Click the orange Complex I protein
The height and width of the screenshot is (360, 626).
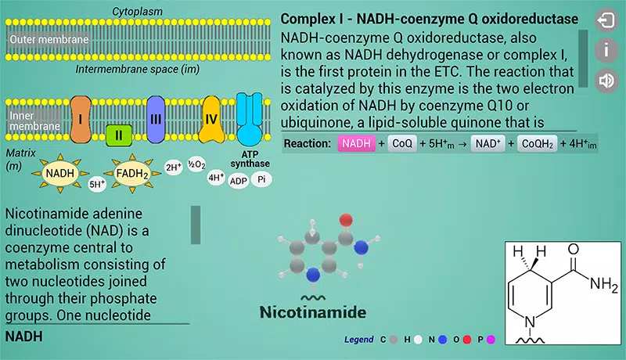pyautogui.click(x=81, y=119)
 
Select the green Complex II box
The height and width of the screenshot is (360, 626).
pyautogui.click(x=119, y=135)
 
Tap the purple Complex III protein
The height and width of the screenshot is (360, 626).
pyautogui.click(x=156, y=119)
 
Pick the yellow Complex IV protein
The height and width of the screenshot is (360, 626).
pyautogui.click(x=211, y=119)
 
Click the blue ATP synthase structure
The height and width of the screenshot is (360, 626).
pyautogui.click(x=250, y=120)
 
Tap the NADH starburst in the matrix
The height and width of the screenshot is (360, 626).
pyautogui.click(x=60, y=174)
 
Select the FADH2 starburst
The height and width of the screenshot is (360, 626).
pyautogui.click(x=132, y=174)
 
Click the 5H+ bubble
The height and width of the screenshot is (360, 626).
pyautogui.click(x=97, y=184)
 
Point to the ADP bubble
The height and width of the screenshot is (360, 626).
pyautogui.click(x=239, y=181)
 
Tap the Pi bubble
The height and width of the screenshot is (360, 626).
pyautogui.click(x=261, y=179)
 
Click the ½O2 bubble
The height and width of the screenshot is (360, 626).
pyautogui.click(x=196, y=164)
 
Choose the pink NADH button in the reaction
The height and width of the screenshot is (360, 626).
pyautogui.click(x=356, y=143)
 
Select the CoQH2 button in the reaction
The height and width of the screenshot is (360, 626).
pyautogui.click(x=538, y=144)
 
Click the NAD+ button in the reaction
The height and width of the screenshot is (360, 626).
pyautogui.click(x=487, y=143)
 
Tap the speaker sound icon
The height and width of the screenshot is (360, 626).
pyautogui.click(x=606, y=81)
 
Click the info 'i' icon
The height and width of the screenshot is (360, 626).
pyautogui.click(x=606, y=50)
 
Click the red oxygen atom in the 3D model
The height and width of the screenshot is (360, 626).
pyautogui.click(x=346, y=220)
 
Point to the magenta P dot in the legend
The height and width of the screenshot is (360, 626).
pyautogui.click(x=491, y=340)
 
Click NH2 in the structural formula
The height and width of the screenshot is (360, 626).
pyautogui.click(x=603, y=284)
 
